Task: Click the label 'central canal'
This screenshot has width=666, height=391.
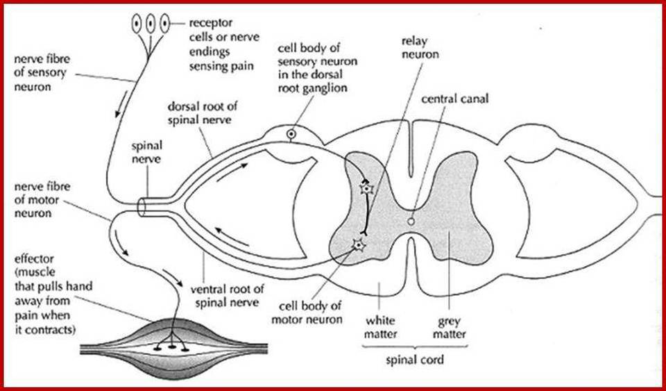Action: (x=454, y=99)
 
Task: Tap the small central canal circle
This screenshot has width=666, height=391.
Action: (x=411, y=221)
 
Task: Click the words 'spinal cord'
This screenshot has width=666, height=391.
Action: (x=415, y=360)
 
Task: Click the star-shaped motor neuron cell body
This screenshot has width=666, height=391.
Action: (x=358, y=244)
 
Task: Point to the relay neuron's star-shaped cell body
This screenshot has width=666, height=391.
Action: (x=364, y=188)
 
